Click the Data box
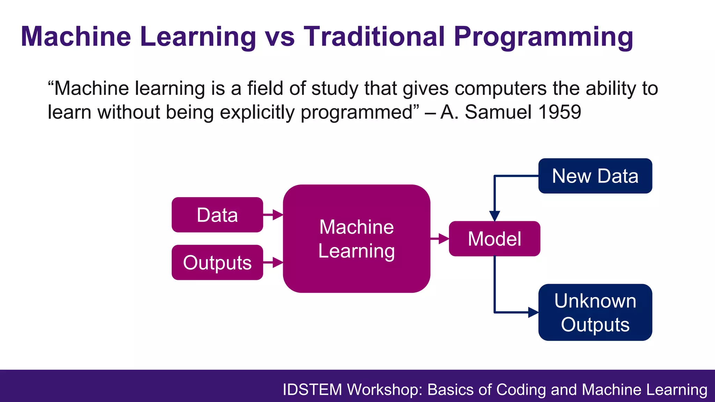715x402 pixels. [x=217, y=215]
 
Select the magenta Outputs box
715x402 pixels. [x=217, y=262]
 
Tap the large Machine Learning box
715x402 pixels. [x=356, y=239]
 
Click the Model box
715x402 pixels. [x=494, y=239]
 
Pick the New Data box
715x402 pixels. [x=595, y=176]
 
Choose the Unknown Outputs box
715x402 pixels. [x=595, y=312]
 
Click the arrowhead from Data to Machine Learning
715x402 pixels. [x=278, y=215]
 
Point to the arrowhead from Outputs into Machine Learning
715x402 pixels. [x=278, y=262]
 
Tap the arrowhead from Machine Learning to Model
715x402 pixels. [x=444, y=239]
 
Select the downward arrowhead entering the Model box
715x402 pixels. [x=494, y=216]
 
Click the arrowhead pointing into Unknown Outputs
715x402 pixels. [x=533, y=312]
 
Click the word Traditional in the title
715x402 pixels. [x=374, y=36]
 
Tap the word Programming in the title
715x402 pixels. [x=543, y=37]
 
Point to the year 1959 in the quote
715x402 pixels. [x=559, y=112]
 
